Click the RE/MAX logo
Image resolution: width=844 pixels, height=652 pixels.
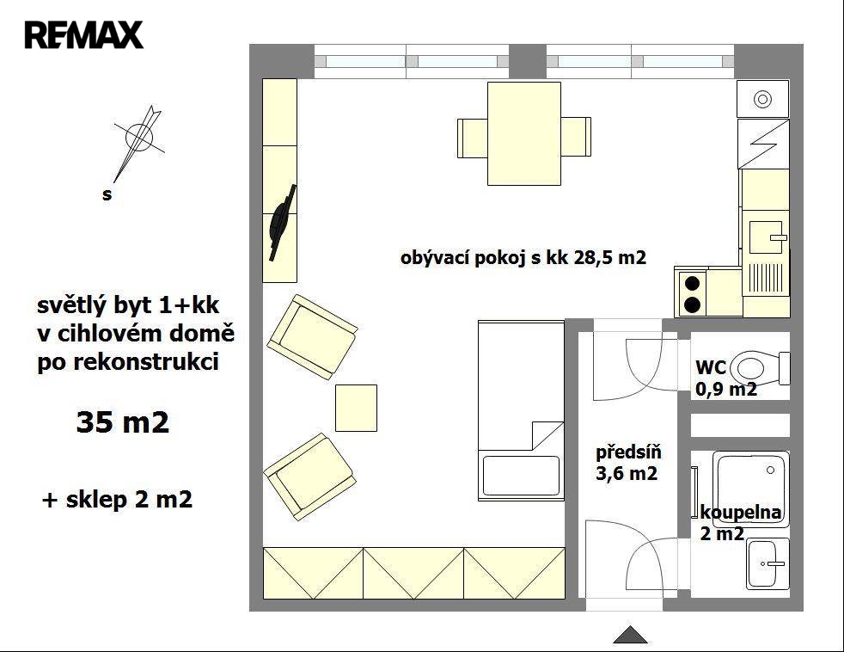coord(83,35)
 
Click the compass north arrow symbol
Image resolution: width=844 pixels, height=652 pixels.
coord(138,142)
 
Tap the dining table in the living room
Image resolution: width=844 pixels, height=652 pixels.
coord(523,133)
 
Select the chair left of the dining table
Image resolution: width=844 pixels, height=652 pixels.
coord(473,138)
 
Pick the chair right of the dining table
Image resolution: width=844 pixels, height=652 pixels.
coord(576,137)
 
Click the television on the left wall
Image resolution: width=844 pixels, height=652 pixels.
coord(283,223)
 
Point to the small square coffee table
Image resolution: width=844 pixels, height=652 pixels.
coord(356,408)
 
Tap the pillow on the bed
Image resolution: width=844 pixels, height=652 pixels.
coord(521,476)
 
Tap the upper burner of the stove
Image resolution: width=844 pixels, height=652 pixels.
coord(692,283)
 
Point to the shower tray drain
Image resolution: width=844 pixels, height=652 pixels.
coord(770,471)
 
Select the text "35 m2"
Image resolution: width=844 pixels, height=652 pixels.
coord(123,422)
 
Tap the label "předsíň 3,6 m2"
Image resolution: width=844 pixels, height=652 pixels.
coord(627,462)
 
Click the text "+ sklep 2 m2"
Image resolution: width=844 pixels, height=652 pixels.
coord(117,500)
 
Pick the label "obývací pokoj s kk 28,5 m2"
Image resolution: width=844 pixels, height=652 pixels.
coord(523,257)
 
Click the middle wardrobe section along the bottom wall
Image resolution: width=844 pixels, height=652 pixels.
coord(413,573)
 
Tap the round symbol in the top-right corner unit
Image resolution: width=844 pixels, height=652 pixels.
coord(762,99)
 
